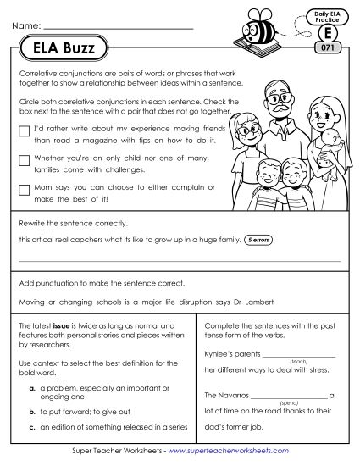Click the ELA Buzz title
[x=59, y=50]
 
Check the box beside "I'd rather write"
[x=22, y=130]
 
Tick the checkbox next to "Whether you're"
[x=22, y=159]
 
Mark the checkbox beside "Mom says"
[x=22, y=189]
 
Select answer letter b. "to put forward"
[x=30, y=410]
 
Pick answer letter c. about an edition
[x=30, y=427]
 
